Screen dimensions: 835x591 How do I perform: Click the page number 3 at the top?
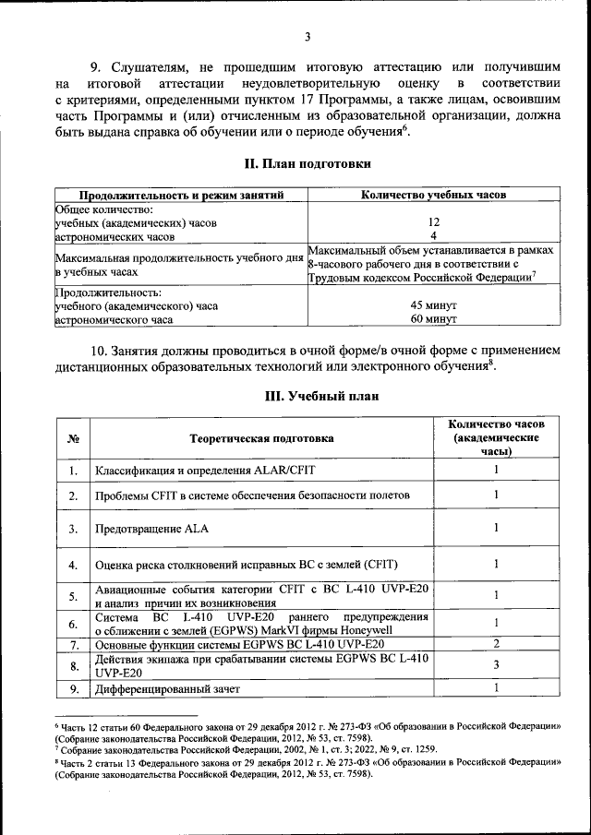click(x=307, y=36)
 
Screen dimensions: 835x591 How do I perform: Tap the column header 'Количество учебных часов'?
click(x=432, y=195)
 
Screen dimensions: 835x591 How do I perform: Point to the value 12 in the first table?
click(x=432, y=222)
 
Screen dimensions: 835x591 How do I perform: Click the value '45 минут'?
click(x=432, y=305)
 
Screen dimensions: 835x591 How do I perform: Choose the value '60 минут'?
click(x=432, y=319)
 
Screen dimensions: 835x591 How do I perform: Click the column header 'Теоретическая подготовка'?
click(x=261, y=438)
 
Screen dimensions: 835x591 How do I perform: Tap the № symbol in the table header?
click(x=72, y=438)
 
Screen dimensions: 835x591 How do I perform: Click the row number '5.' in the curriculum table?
click(x=72, y=596)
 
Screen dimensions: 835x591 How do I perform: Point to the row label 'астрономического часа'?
click(x=114, y=319)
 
